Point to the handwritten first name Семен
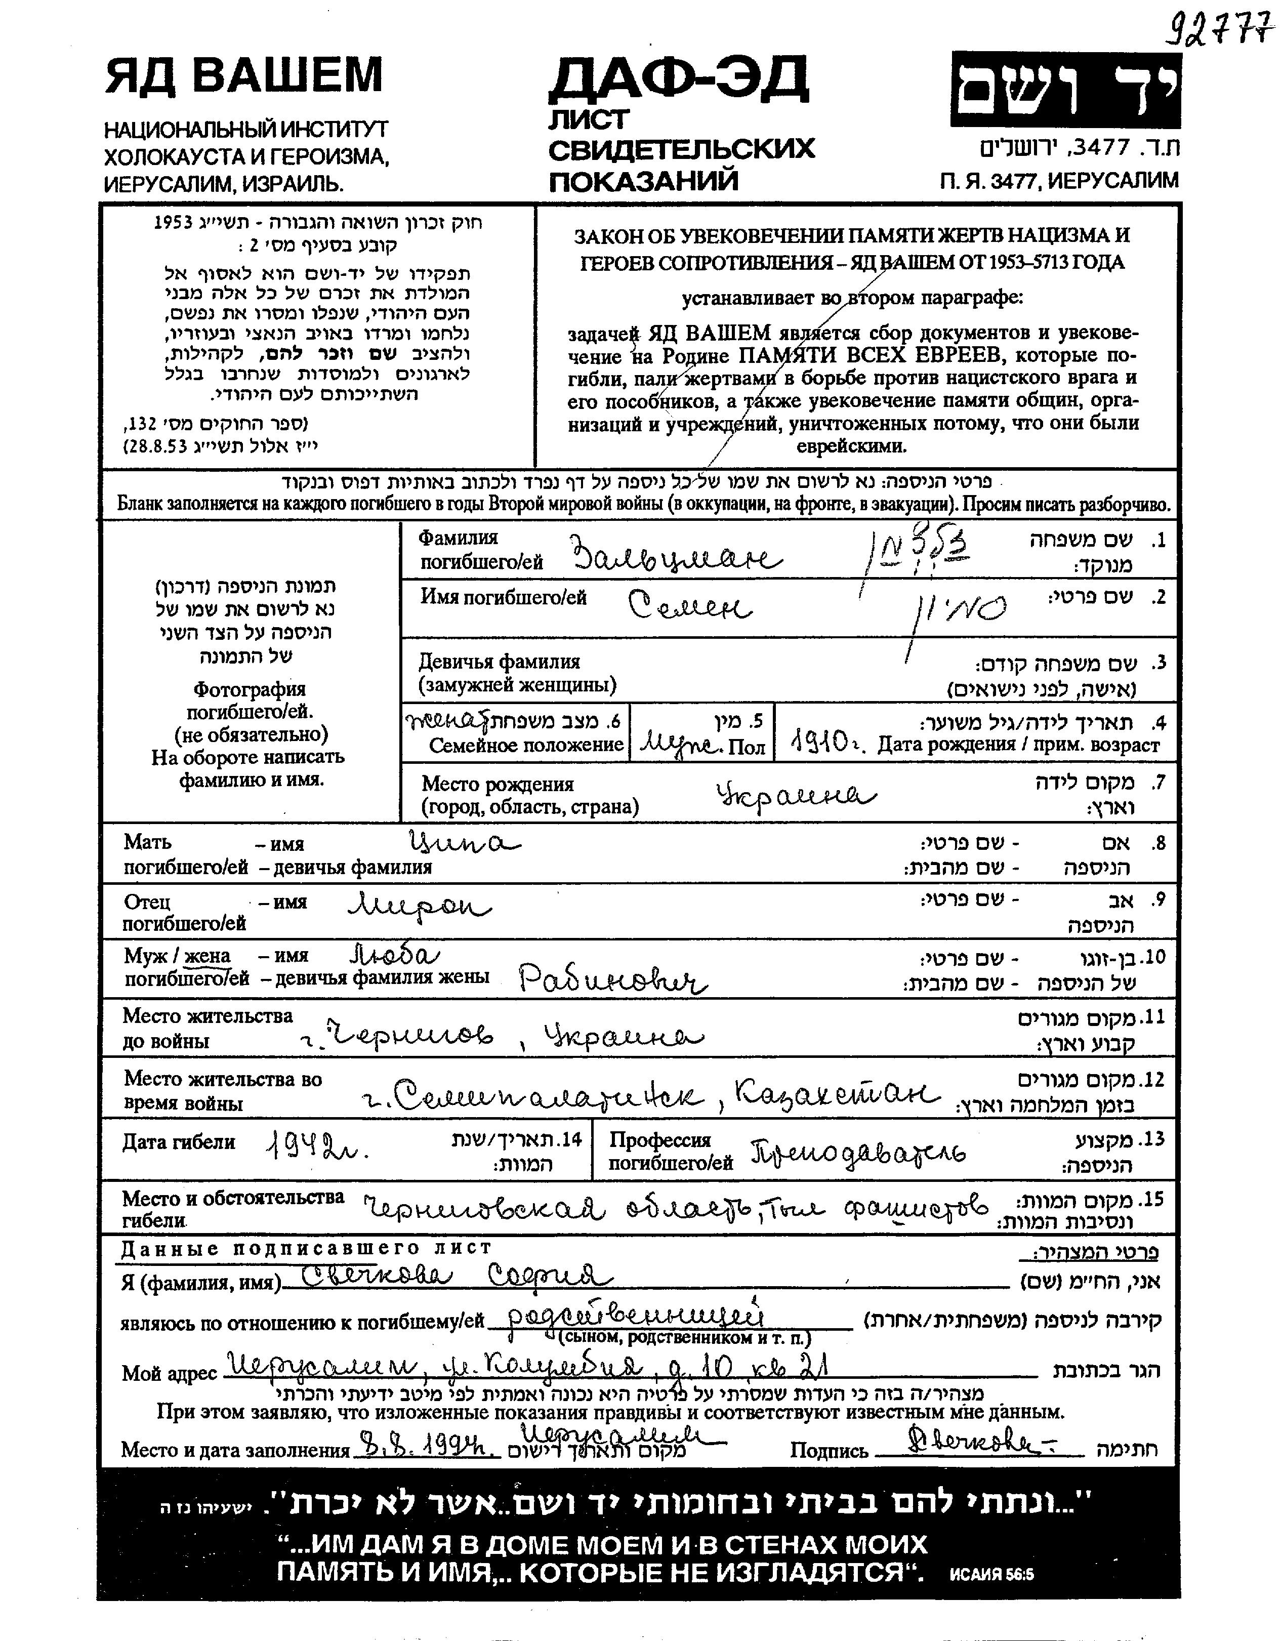(x=689, y=605)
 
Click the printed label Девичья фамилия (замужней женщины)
(x=518, y=673)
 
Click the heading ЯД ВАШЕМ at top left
(x=244, y=76)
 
